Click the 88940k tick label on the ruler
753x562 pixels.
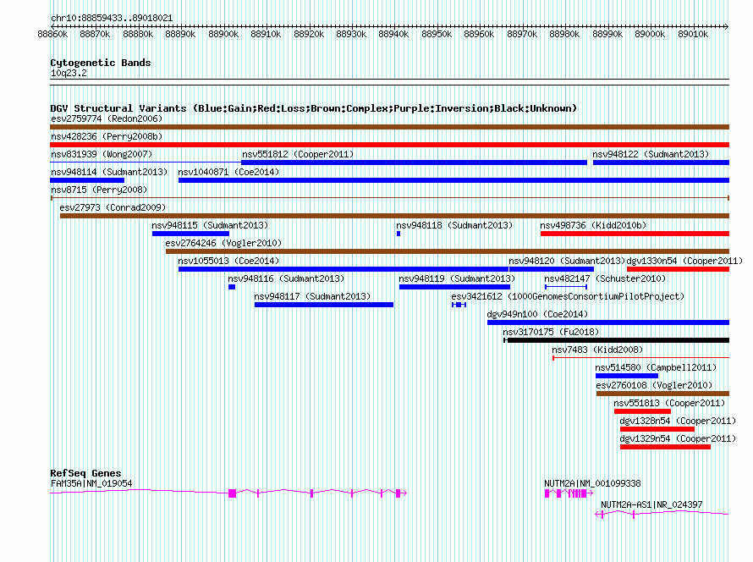[x=393, y=34]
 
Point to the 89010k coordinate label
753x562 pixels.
[x=693, y=34]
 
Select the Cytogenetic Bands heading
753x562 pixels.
[x=101, y=63]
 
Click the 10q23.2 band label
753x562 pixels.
[x=69, y=73]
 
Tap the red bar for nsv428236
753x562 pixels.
[x=389, y=145]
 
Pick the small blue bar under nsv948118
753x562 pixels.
[x=398, y=234]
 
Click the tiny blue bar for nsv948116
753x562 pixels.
[x=232, y=287]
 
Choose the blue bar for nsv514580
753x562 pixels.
[x=627, y=376]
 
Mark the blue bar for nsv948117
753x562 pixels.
[x=324, y=305]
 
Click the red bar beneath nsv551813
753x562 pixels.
[x=642, y=411]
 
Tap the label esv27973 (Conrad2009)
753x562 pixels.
[x=113, y=207]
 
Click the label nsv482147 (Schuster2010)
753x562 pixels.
[x=605, y=278]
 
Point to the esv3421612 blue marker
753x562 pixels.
[x=459, y=305]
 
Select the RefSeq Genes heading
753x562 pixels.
[x=85, y=473]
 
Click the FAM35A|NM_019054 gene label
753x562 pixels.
[x=91, y=483]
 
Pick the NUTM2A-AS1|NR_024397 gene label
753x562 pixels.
[x=651, y=504]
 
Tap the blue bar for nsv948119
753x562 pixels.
[x=455, y=287]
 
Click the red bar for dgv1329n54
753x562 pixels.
[x=666, y=447]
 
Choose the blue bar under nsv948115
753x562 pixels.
[x=190, y=234]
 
